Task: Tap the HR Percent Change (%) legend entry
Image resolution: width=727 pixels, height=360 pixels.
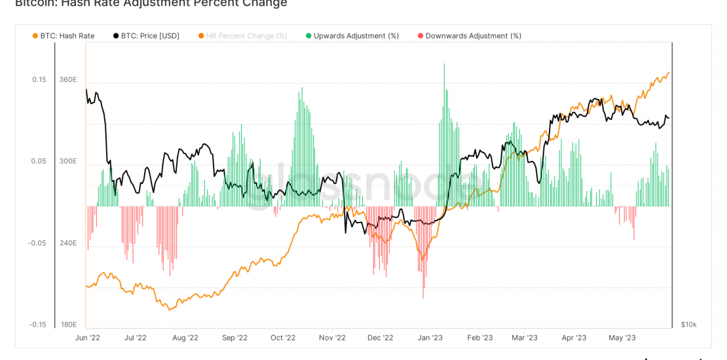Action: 246,36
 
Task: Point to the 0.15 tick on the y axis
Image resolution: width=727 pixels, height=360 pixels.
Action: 39,80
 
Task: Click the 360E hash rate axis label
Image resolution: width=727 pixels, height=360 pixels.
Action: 68,80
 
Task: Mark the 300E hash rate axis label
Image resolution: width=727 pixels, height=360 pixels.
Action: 68,161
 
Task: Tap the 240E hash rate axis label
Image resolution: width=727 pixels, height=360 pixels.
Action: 68,243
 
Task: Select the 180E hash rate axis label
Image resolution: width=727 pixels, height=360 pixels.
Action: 68,325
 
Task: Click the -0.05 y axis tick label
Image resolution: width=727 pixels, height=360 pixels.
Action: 37,243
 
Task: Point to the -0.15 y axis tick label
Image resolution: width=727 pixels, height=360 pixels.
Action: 37,325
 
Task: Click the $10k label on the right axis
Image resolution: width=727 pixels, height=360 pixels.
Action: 688,325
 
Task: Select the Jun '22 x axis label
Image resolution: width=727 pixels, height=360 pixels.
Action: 87,338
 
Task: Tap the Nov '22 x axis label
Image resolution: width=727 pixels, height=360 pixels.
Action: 332,338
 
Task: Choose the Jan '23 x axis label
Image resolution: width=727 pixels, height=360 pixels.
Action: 430,338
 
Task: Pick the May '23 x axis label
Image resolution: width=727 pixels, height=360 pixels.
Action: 622,338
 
